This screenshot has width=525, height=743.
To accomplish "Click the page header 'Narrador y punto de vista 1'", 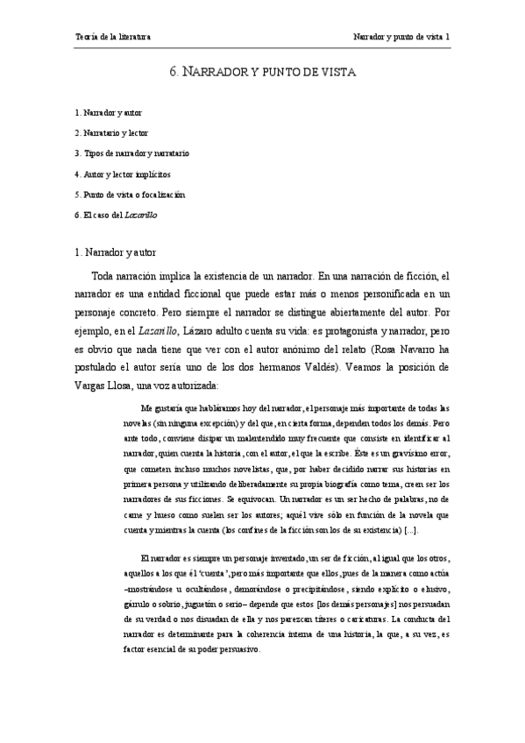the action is (401, 38).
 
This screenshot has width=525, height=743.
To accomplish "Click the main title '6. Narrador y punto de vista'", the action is (262, 73).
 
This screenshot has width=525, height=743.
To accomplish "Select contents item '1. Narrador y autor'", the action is (109, 113).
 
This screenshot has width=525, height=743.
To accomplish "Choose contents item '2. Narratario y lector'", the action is (112, 133).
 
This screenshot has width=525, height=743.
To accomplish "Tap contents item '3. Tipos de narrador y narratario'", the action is (131, 153).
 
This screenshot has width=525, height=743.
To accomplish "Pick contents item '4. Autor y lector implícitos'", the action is (123, 173).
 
